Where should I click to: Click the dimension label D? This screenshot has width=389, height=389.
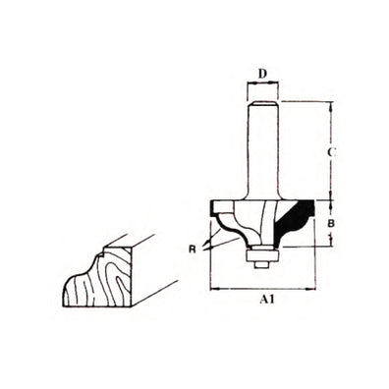click(261, 72)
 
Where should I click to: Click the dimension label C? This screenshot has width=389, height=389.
click(335, 152)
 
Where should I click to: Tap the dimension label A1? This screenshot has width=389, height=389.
click(265, 305)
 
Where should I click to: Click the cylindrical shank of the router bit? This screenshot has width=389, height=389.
click(260, 147)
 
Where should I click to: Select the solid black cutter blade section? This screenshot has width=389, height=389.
click(295, 218)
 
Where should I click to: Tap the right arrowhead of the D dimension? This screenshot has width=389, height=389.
click(275, 84)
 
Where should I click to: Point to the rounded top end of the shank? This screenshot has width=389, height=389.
click(260, 101)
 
